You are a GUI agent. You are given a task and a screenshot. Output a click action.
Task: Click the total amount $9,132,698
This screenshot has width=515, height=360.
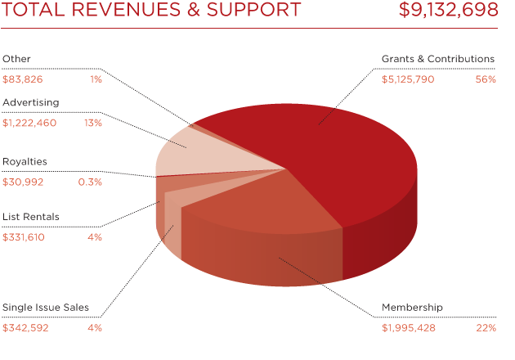pyautogui.click(x=448, y=11)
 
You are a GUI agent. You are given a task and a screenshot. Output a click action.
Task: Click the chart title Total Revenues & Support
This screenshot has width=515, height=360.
pyautogui.click(x=152, y=11)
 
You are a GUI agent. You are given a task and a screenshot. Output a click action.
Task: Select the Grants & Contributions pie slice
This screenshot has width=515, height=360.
pyautogui.click(x=327, y=147)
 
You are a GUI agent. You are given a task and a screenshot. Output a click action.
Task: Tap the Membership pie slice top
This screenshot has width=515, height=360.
pyautogui.click(x=262, y=205)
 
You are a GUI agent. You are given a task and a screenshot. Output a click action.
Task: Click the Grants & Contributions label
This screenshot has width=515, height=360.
pyautogui.click(x=438, y=59)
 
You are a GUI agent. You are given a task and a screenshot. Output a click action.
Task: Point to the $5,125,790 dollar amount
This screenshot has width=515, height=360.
pyautogui.click(x=408, y=79)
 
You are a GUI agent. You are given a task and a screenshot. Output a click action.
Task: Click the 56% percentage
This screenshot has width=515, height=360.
pyautogui.click(x=486, y=79)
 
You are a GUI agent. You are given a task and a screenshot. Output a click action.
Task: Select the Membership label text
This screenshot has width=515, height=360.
pyautogui.click(x=412, y=308)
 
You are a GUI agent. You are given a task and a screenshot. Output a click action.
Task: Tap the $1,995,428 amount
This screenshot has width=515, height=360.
pyautogui.click(x=408, y=328)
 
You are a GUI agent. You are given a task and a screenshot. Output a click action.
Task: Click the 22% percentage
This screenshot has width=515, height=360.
pyautogui.click(x=486, y=328)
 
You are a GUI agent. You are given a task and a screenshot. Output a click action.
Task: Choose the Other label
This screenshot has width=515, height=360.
pyautogui.click(x=16, y=59)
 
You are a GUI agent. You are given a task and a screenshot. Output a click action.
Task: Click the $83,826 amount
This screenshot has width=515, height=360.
pyautogui.click(x=23, y=79)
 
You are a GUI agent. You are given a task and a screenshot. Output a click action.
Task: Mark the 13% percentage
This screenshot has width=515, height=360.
pyautogui.click(x=92, y=123)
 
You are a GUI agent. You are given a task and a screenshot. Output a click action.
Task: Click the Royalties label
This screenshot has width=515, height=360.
pyautogui.click(x=25, y=161)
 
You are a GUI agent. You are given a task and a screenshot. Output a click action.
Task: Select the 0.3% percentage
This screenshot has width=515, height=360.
pyautogui.click(x=90, y=182)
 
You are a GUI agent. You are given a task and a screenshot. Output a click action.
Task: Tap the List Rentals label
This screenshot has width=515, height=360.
pyautogui.click(x=30, y=217)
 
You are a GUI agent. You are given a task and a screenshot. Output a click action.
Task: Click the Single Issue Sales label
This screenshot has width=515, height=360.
pyautogui.click(x=46, y=308)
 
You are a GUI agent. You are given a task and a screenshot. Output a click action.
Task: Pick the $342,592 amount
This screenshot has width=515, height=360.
pyautogui.click(x=26, y=328)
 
